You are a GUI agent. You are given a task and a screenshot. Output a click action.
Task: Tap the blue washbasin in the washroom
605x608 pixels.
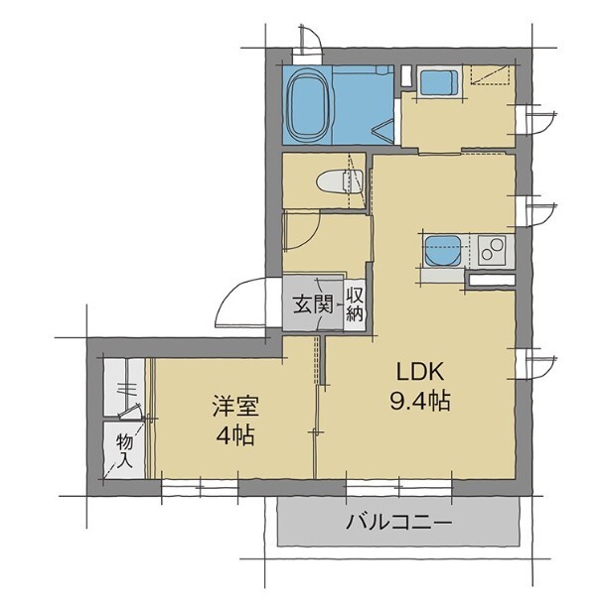click(437, 82)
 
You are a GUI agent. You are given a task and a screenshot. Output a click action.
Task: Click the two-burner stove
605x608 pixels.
click(493, 250)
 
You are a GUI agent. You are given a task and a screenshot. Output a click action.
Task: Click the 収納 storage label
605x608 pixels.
click(354, 305)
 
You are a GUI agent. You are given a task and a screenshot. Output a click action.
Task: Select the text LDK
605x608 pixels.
click(419, 374)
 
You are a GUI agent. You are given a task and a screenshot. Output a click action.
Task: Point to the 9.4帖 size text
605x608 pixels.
click(421, 403)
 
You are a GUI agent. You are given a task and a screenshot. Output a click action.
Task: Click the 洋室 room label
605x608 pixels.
click(232, 407)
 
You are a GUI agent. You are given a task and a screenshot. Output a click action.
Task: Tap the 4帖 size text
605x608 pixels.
click(232, 435)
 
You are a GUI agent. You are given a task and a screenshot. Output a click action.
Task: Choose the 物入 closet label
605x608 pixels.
click(124, 450)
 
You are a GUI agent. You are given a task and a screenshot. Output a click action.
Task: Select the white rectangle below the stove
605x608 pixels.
click(492, 280)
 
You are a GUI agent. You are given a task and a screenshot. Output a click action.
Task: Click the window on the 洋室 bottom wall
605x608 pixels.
click(208, 486)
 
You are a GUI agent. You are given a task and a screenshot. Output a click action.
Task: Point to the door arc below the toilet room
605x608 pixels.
click(302, 232)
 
